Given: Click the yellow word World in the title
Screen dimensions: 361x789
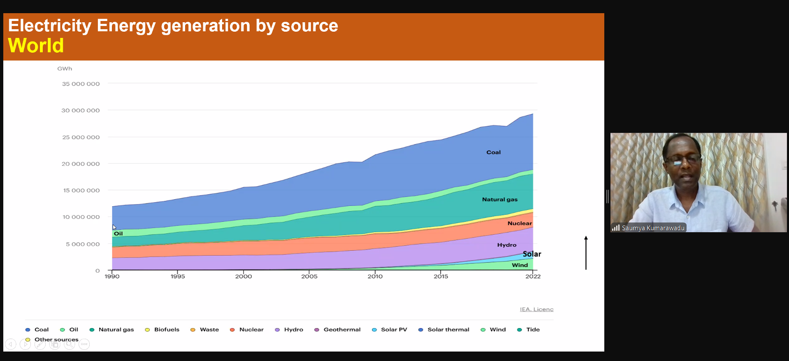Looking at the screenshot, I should coord(36,45).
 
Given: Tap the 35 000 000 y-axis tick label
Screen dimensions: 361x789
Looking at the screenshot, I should coord(81,84).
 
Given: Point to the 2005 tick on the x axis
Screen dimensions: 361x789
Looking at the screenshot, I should coord(309,276).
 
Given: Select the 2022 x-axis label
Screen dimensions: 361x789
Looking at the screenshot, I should coord(533,276).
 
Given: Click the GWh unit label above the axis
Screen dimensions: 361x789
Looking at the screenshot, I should coord(65,69).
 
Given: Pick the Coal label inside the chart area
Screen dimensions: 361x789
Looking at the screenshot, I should coord(493,152).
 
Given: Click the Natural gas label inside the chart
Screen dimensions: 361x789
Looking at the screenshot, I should coord(500,200).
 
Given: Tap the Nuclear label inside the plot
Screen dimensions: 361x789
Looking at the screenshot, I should coord(520,224).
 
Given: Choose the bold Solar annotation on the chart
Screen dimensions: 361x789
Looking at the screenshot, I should coord(532,254).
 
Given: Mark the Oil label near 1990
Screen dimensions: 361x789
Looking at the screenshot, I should coord(118,234).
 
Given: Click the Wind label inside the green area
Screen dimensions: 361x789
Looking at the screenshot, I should coord(520,265).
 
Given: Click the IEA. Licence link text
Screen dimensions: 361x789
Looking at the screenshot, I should coord(536,310).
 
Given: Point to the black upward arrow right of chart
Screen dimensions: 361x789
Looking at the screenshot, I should coord(586,253).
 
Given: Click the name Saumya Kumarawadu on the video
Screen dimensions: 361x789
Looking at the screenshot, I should coord(653,228).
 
